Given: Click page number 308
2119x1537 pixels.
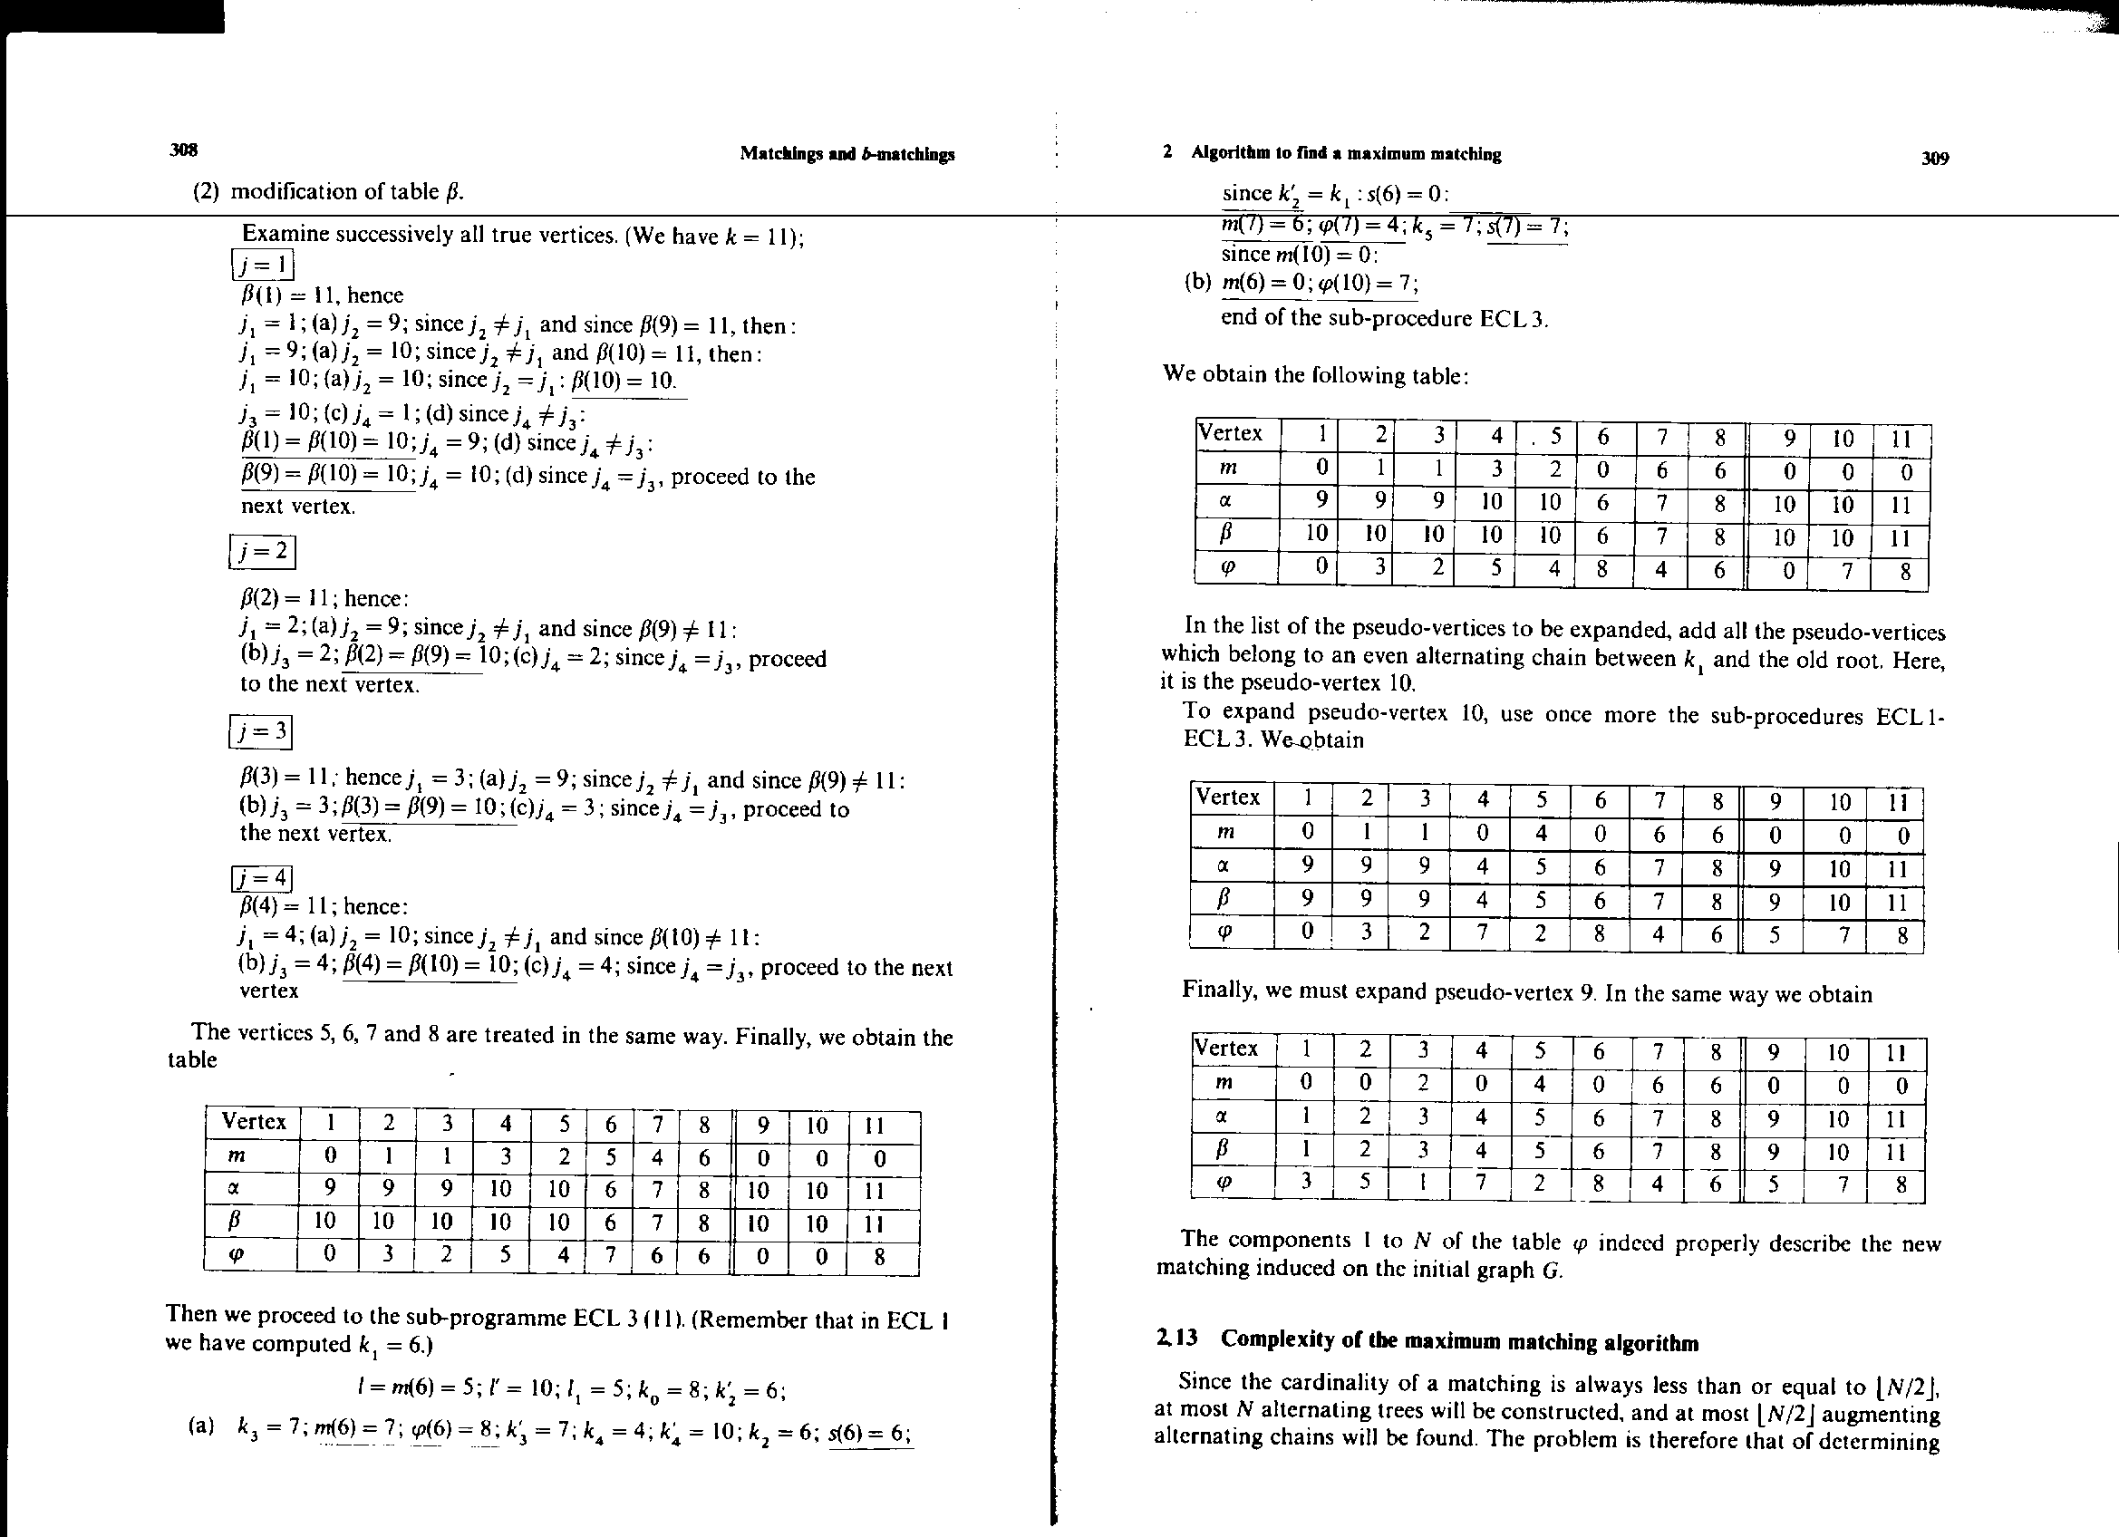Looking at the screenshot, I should pyautogui.click(x=183, y=150).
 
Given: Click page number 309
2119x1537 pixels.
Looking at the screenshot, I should pyautogui.click(x=1935, y=159).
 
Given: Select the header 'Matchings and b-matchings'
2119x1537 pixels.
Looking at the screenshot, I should pyautogui.click(x=847, y=154).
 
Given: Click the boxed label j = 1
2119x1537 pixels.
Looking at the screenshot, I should pyautogui.click(x=263, y=266).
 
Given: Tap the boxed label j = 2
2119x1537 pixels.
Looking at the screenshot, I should pyautogui.click(x=263, y=552).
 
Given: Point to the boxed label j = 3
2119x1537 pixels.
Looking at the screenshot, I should pyautogui.click(x=262, y=731).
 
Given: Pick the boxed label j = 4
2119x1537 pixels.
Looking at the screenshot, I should pyautogui.click(x=262, y=879).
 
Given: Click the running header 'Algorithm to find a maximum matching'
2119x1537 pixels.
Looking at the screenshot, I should pyautogui.click(x=1346, y=154).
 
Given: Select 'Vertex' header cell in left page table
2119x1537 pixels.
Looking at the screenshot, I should pyautogui.click(x=253, y=1122).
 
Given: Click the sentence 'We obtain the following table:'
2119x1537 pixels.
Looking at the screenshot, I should pyautogui.click(x=1315, y=374).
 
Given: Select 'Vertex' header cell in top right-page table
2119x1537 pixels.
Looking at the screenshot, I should pyautogui.click(x=1231, y=433).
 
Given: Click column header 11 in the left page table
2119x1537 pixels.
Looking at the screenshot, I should pyautogui.click(x=876, y=1125).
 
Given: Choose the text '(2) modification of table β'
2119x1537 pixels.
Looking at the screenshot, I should pyautogui.click(x=328, y=191).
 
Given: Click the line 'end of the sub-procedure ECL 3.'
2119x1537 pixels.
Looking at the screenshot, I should pyautogui.click(x=1384, y=318).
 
